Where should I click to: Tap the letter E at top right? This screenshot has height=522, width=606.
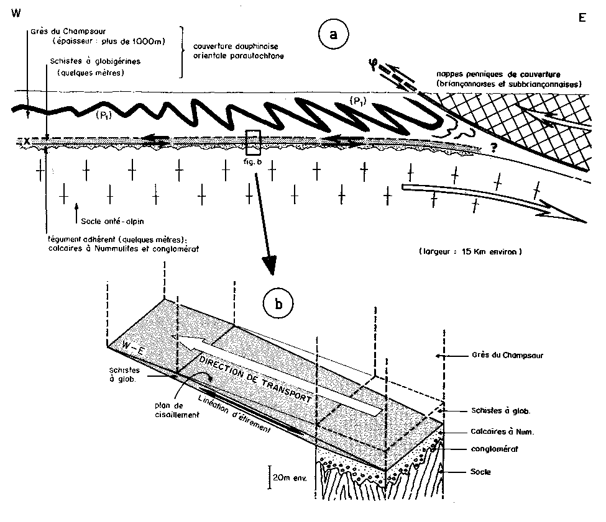[582, 17]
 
